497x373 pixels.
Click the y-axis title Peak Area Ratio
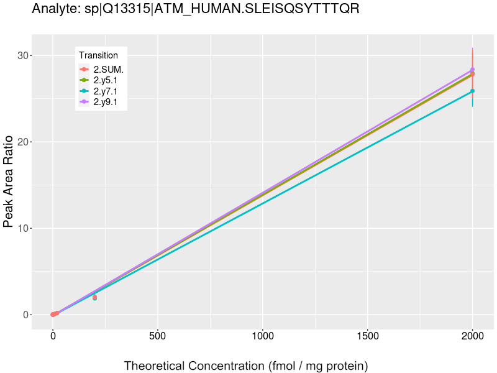tap(9, 192)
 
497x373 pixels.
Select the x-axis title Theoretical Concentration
tap(246, 366)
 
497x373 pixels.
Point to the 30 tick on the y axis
tap(24, 56)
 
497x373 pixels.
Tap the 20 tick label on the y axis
tap(24, 142)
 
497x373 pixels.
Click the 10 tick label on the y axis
tap(24, 229)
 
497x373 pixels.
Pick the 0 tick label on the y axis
tap(27, 315)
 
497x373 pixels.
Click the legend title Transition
tap(98, 55)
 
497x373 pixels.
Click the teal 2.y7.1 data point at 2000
tap(472, 91)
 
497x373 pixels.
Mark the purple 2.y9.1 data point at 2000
tap(472, 70)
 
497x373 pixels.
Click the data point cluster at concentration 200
tap(94, 298)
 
